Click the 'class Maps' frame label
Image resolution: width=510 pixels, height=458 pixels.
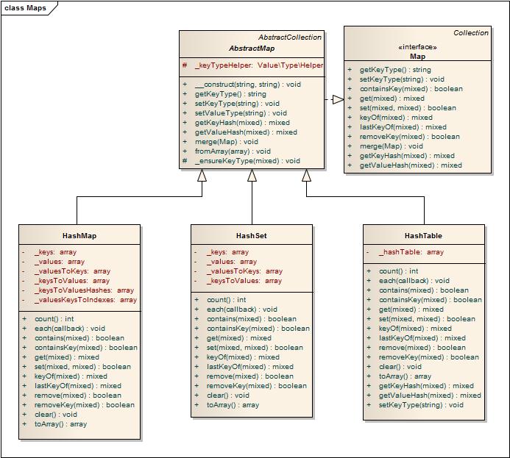(x=25, y=8)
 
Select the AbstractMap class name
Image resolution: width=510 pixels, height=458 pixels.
(x=252, y=49)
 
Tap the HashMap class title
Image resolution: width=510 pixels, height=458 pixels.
(x=79, y=236)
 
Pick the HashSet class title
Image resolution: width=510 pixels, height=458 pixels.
(x=252, y=236)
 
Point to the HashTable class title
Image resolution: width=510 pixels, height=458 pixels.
(x=423, y=236)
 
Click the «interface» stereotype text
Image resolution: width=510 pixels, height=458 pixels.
(x=417, y=47)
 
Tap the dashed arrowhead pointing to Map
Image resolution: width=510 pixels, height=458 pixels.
(x=339, y=99)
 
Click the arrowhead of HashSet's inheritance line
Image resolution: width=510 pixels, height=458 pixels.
(x=252, y=176)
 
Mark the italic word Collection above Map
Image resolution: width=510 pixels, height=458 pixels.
(x=471, y=33)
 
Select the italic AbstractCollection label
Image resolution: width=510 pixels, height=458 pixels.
(x=290, y=37)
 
